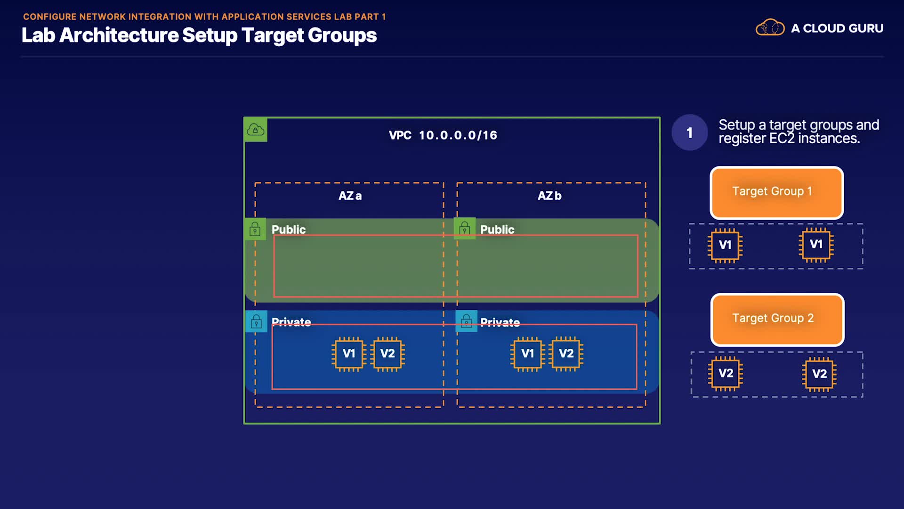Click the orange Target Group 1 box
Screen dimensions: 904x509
point(776,192)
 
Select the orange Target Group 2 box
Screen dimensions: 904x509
point(777,320)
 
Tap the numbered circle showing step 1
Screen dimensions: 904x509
point(690,132)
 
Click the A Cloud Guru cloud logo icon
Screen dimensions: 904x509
point(770,28)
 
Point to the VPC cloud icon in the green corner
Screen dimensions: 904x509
point(256,130)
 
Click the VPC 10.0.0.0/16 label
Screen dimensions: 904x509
point(443,135)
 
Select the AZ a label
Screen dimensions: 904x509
point(350,196)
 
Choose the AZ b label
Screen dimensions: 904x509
point(549,196)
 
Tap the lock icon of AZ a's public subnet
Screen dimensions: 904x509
point(255,229)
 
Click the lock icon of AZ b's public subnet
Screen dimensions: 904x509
point(465,229)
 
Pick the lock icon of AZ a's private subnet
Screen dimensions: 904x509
point(257,321)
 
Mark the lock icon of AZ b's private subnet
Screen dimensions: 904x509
point(467,321)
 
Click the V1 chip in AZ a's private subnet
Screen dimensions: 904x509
point(349,354)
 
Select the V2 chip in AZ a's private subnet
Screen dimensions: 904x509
point(387,354)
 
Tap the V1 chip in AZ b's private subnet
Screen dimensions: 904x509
point(528,354)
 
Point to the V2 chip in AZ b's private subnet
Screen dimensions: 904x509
point(566,353)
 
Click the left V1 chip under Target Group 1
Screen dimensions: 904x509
point(725,245)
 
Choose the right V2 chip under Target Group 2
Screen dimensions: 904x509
point(819,374)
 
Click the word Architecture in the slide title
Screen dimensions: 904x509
point(119,35)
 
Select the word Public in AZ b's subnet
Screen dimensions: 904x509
point(497,230)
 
